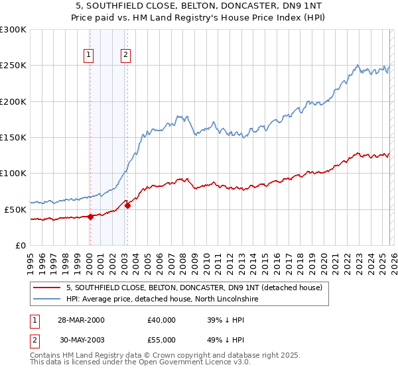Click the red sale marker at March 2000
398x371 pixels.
(x=90, y=216)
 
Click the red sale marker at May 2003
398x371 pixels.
(x=127, y=205)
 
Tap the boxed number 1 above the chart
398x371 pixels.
(x=89, y=56)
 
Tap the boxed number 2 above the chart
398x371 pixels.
(x=125, y=56)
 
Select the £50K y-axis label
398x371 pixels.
(x=15, y=209)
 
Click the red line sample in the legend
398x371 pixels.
(x=48, y=288)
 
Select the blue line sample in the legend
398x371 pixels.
(x=48, y=299)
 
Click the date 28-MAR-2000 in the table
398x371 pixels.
(x=80, y=320)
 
